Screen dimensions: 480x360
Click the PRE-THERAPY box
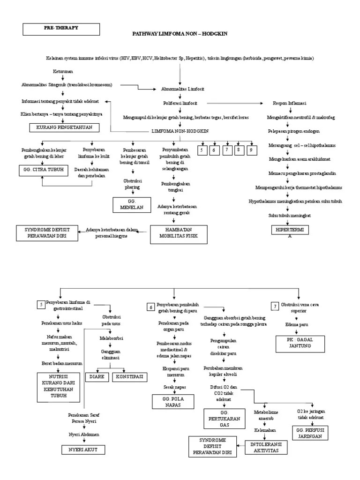click(61, 29)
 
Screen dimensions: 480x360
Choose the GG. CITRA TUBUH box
click(43, 169)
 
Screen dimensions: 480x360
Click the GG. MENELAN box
click(131, 205)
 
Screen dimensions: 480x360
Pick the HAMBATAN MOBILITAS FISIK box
click(178, 233)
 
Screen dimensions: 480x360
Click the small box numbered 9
click(251, 150)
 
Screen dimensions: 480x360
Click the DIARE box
click(97, 376)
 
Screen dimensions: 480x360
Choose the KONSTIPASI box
click(128, 376)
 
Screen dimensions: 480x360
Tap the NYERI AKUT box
click(83, 450)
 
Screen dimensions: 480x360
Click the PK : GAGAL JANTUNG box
click(300, 343)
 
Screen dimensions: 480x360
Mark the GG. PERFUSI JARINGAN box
click(310, 432)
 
